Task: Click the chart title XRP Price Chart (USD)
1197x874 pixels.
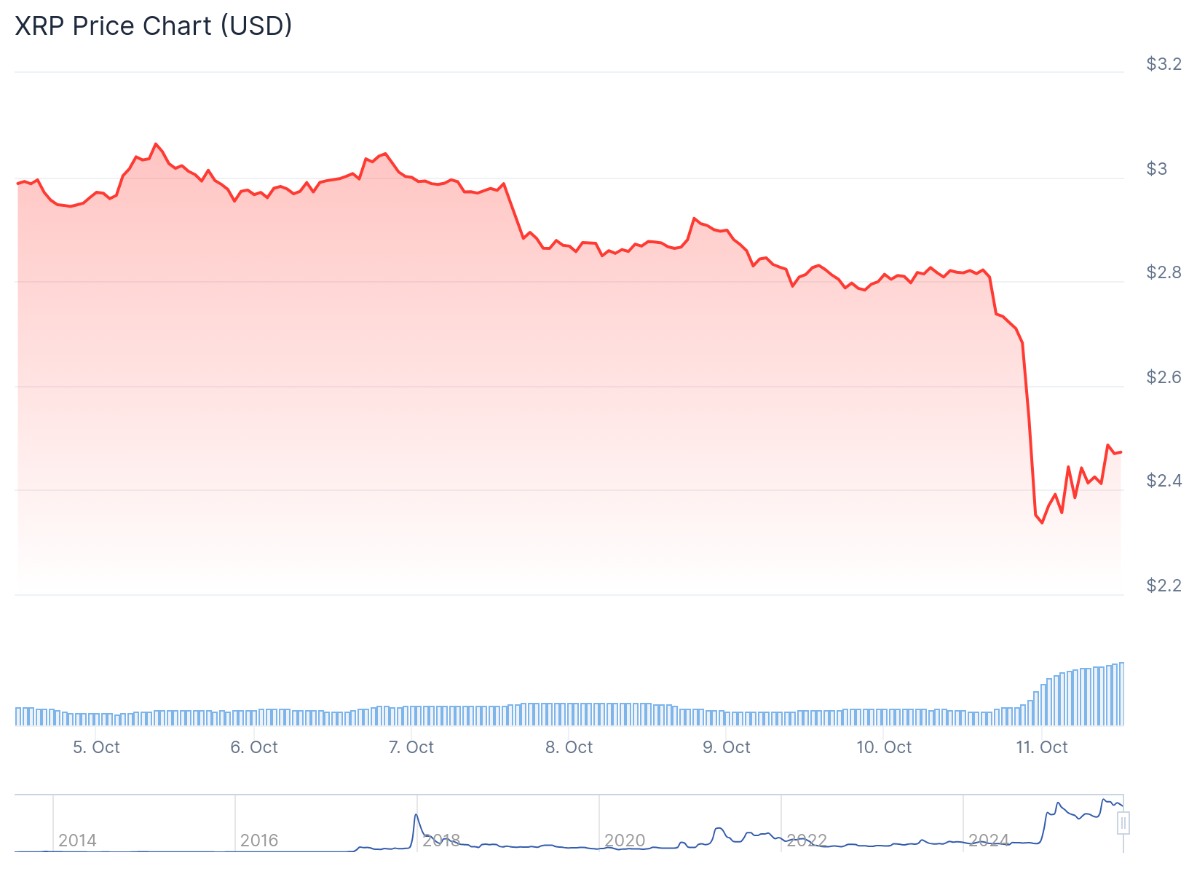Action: click(154, 26)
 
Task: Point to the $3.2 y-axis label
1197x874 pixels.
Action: click(1164, 64)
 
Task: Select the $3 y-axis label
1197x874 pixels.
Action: click(1156, 169)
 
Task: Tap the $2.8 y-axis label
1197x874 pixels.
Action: click(1164, 272)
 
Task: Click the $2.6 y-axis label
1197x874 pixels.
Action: click(1164, 377)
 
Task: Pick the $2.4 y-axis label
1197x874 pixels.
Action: click(1164, 481)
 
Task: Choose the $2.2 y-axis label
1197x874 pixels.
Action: click(1164, 586)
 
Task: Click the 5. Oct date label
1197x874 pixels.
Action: click(96, 747)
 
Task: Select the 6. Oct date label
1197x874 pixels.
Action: click(254, 747)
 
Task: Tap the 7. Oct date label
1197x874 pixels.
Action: click(411, 747)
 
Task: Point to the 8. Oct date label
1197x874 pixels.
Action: click(569, 747)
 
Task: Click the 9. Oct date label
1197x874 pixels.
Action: click(726, 747)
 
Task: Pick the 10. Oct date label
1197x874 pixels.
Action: click(884, 747)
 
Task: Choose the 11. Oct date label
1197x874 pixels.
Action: click(1042, 747)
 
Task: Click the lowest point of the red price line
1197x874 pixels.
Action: click(1042, 523)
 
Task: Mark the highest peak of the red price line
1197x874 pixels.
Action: click(156, 143)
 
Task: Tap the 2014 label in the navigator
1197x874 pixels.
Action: click(77, 840)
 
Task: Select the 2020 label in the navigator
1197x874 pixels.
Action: click(625, 840)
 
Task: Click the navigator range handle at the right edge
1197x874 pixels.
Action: click(1123, 823)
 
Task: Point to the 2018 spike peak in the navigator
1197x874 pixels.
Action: click(416, 814)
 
